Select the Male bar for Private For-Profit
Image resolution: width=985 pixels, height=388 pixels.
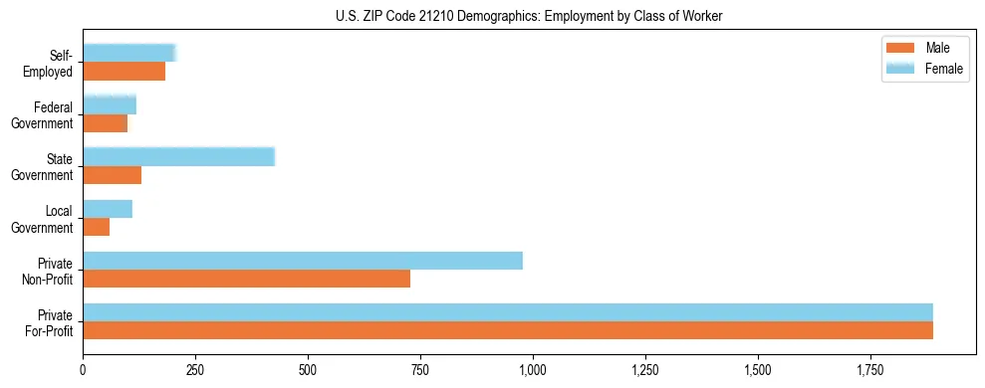(508, 330)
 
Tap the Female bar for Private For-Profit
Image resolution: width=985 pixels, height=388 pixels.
(508, 311)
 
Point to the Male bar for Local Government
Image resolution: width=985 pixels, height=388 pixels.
(97, 227)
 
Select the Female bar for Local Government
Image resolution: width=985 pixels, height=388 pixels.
(108, 209)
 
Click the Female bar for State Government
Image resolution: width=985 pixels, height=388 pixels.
(178, 157)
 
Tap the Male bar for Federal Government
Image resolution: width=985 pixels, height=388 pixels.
(106, 123)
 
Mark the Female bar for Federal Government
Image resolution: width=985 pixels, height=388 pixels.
(110, 105)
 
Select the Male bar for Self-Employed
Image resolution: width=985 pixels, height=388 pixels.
(124, 72)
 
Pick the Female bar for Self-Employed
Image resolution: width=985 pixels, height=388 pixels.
(129, 54)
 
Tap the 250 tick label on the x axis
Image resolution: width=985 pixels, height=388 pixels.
(196, 370)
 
